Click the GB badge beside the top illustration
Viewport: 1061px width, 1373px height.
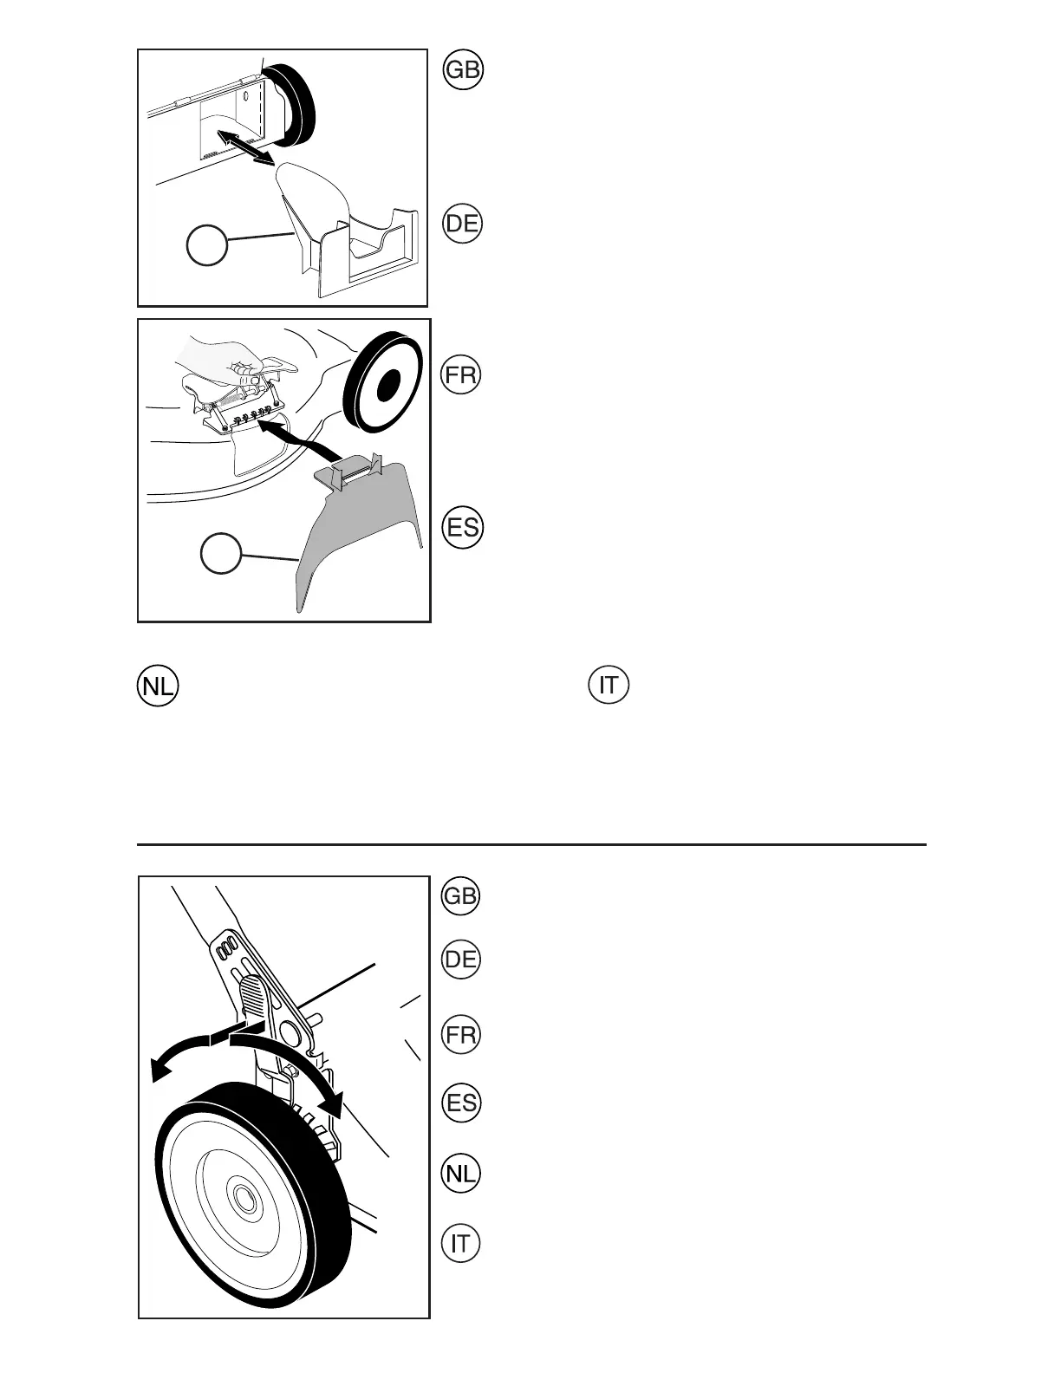coord(462,70)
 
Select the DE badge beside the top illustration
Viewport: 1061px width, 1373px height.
coord(462,224)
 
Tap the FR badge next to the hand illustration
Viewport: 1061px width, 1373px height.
coord(462,375)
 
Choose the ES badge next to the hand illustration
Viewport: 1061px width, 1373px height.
coord(462,527)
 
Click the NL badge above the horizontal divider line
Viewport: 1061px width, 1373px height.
coord(157,686)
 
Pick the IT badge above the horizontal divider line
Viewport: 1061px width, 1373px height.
coord(609,686)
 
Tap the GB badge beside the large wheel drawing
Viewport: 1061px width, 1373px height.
coord(460,895)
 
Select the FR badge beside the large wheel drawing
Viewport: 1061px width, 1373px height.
coord(460,1035)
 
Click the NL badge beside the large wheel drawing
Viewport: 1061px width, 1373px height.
coord(460,1174)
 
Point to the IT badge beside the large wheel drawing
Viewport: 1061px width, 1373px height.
coord(460,1244)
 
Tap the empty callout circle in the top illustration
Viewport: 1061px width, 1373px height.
coord(207,245)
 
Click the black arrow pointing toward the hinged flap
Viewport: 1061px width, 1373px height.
coord(299,439)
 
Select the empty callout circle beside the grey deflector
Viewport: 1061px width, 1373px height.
coord(221,553)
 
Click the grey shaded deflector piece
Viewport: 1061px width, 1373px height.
coord(364,529)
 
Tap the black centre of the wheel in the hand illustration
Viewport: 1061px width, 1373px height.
coord(387,381)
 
